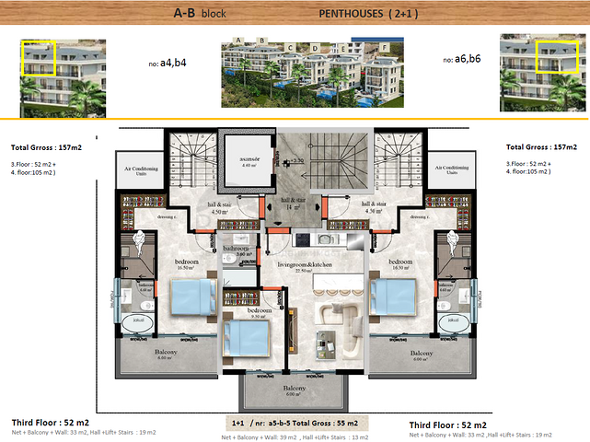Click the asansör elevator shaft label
pyautogui.click(x=248, y=159)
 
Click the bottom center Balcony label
pyautogui.click(x=295, y=389)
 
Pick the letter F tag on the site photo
pyautogui.click(x=383, y=46)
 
